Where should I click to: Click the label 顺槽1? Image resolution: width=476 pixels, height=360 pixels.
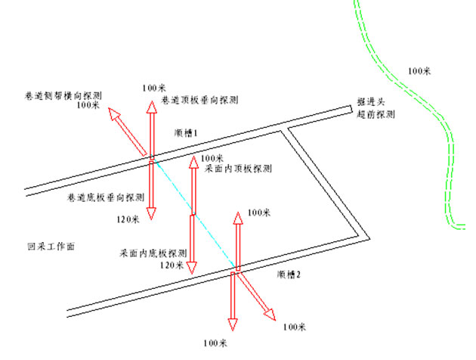pyautogui.click(x=186, y=132)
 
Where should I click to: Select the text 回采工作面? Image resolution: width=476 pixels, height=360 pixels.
pyautogui.click(x=51, y=247)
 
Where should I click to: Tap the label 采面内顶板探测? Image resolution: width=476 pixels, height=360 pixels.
pyautogui.click(x=238, y=168)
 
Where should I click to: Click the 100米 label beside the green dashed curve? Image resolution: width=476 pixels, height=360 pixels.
pyautogui.click(x=419, y=71)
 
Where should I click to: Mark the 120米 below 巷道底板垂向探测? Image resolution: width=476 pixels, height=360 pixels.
pyautogui.click(x=128, y=219)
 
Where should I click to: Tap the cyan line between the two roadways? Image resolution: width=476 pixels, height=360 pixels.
pyautogui.click(x=193, y=213)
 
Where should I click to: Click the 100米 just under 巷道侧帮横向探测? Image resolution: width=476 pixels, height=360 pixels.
pyautogui.click(x=88, y=106)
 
